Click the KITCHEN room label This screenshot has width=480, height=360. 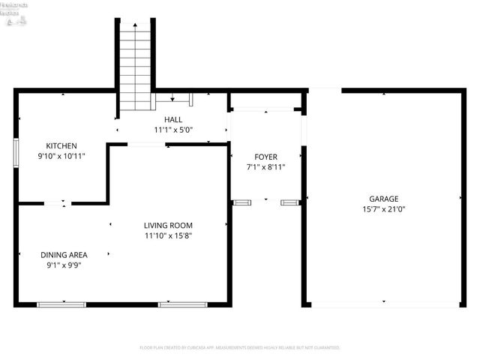[61, 145]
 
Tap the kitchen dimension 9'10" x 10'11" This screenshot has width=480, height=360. [61, 157]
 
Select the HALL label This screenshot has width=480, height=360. [173, 119]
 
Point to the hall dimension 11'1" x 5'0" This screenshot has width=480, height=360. [173, 130]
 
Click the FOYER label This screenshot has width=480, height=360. [265, 157]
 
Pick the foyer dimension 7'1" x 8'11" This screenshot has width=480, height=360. [265, 167]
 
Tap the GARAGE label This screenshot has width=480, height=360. [383, 199]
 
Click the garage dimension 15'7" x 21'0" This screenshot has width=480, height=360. [383, 210]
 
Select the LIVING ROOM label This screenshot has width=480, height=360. [169, 225]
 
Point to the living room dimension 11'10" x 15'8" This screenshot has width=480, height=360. [169, 236]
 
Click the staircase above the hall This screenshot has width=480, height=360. [136, 64]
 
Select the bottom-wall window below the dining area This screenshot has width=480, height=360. [61, 304]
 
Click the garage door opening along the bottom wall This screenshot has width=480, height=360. [384, 304]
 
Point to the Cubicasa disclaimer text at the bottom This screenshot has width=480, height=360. [240, 348]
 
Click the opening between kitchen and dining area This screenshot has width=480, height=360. [64, 202]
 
